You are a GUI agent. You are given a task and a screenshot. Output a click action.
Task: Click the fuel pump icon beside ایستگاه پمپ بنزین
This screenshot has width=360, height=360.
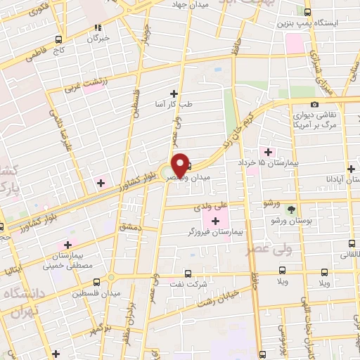click(x=308, y=12)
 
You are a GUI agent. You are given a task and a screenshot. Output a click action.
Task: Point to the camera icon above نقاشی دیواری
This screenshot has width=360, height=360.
click(x=314, y=104)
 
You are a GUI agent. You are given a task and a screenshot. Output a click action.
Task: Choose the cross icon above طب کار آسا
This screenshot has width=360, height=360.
click(x=174, y=93)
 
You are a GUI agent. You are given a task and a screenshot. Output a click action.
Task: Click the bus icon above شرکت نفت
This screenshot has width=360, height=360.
click(x=187, y=274)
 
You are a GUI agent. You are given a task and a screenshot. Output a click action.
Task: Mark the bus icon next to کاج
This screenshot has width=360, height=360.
click(x=58, y=39)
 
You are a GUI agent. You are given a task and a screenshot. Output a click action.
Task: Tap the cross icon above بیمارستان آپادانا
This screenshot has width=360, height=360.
click(x=351, y=168)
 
